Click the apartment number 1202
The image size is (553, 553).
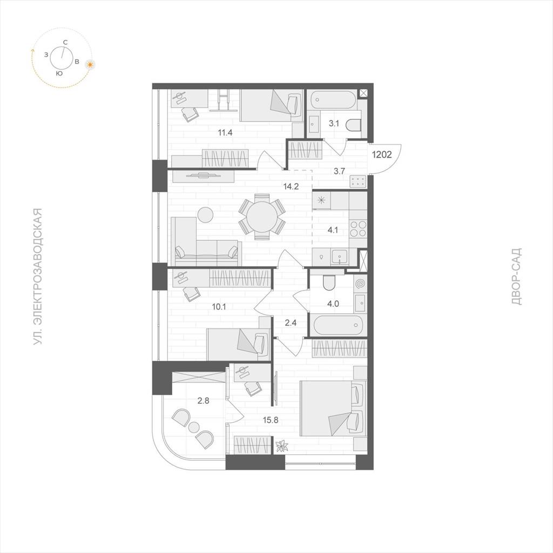click(x=382, y=154)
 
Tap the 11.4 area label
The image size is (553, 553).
click(x=225, y=133)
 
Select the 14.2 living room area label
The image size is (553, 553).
click(x=291, y=186)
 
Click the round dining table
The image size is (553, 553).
click(x=262, y=216)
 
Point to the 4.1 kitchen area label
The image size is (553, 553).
click(x=333, y=230)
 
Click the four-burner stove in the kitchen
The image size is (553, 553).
click(x=358, y=228)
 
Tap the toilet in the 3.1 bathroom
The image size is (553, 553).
click(x=354, y=125)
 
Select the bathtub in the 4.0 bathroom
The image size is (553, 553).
click(x=338, y=325)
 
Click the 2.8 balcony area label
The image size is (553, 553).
click(x=203, y=400)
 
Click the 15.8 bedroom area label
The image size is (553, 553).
click(x=271, y=420)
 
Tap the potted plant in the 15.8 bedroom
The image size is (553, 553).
click(x=282, y=446)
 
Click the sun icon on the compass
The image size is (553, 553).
click(x=91, y=65)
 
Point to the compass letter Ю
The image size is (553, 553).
click(x=59, y=73)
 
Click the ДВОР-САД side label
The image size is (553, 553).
click(x=516, y=276)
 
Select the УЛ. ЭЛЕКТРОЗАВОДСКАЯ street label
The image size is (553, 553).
click(x=37, y=276)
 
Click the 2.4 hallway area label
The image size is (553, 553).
click(x=291, y=322)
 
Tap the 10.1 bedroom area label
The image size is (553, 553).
click(x=219, y=307)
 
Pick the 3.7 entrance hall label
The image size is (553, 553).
click(x=339, y=171)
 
